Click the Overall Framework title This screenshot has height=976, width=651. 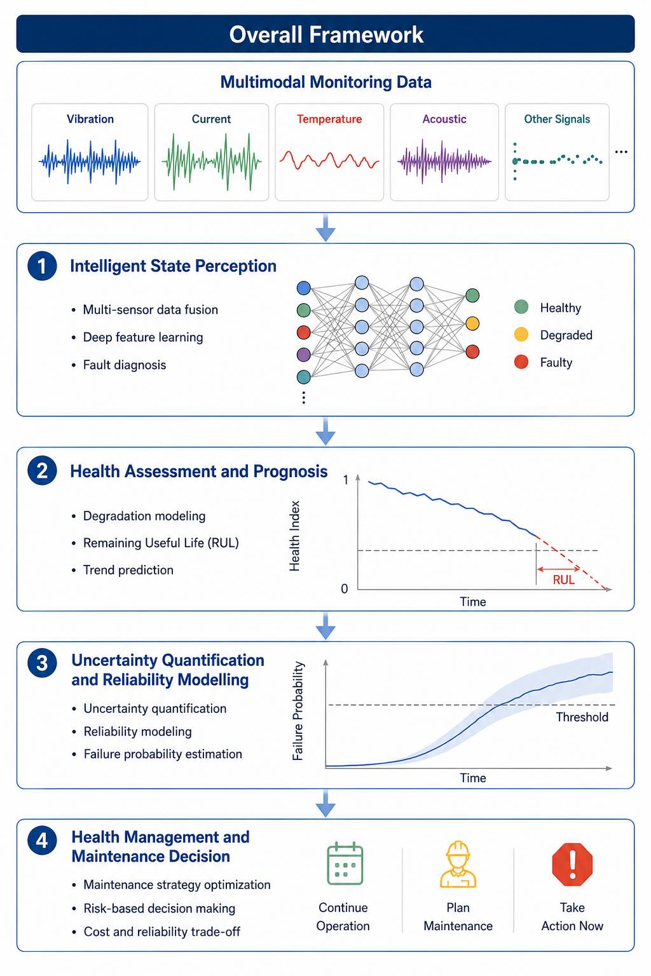click(x=326, y=35)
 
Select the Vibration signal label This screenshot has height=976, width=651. click(x=90, y=119)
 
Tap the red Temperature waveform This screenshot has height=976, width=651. click(x=329, y=160)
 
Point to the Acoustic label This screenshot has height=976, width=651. click(x=444, y=119)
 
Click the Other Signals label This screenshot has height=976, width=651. click(x=557, y=119)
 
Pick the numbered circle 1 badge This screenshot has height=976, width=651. click(x=42, y=266)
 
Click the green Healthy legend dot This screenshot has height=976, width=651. click(x=521, y=307)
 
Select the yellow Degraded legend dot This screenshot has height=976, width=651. click(x=521, y=335)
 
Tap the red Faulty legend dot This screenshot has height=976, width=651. click(x=521, y=362)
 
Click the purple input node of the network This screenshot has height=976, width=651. click(x=303, y=354)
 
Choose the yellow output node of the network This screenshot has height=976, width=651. click(x=472, y=323)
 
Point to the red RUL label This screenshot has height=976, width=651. click(x=563, y=580)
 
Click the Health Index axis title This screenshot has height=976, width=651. click(x=295, y=536)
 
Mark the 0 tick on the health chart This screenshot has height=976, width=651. click(x=345, y=589)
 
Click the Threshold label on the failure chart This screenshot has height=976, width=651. click(x=582, y=717)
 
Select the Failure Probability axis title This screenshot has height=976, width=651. click(x=298, y=711)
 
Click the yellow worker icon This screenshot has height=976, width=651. click(x=458, y=864)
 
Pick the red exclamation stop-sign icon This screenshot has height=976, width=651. click(x=572, y=864)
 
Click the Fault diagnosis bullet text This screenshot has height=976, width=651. click(x=125, y=365)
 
